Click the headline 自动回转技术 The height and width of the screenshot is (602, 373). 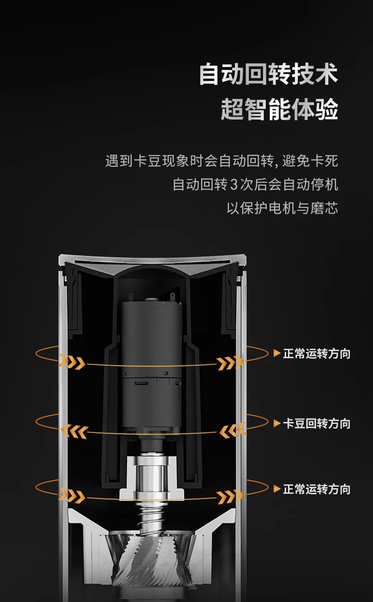pos(268,74)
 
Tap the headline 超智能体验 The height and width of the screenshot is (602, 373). pos(280,109)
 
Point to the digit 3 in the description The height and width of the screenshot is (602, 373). pos(234,185)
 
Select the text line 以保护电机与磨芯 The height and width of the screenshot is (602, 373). pos(282,208)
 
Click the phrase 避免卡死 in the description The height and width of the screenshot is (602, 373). pos(310,161)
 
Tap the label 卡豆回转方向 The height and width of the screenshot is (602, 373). pos(317,423)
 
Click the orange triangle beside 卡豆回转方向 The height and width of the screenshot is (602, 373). pos(277,423)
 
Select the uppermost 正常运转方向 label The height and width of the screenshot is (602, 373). pos(317,353)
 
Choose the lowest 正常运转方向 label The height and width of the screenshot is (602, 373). pos(317,489)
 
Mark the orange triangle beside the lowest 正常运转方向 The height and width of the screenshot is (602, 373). pos(277,489)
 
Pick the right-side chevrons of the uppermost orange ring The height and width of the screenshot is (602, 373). pos(230,363)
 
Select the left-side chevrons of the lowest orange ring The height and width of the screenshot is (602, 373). pos(72,496)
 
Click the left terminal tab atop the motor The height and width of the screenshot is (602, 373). pos(131,297)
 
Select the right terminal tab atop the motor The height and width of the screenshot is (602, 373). pos(173,297)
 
